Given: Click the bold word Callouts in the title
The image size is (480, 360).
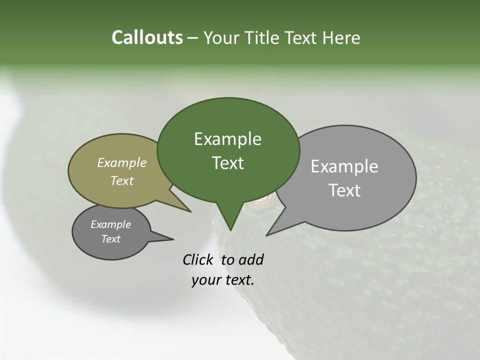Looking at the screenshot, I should [147, 37].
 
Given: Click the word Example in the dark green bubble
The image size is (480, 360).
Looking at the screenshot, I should [227, 139].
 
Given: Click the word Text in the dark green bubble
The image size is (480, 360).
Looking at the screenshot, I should [227, 163].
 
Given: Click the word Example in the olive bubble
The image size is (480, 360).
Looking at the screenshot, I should [122, 162].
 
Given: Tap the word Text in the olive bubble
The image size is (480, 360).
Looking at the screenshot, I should [122, 180].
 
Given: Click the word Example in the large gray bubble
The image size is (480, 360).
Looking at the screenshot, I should [344, 166].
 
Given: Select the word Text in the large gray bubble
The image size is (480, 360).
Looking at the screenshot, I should [344, 190].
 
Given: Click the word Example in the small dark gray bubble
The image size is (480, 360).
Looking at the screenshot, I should [111, 224].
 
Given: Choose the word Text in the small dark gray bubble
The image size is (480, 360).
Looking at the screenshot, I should [111, 239].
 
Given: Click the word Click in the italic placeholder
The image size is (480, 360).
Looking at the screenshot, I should [199, 259].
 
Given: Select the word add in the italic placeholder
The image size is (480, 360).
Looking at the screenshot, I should [251, 259].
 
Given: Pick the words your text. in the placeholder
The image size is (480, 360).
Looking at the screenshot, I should [223, 280].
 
